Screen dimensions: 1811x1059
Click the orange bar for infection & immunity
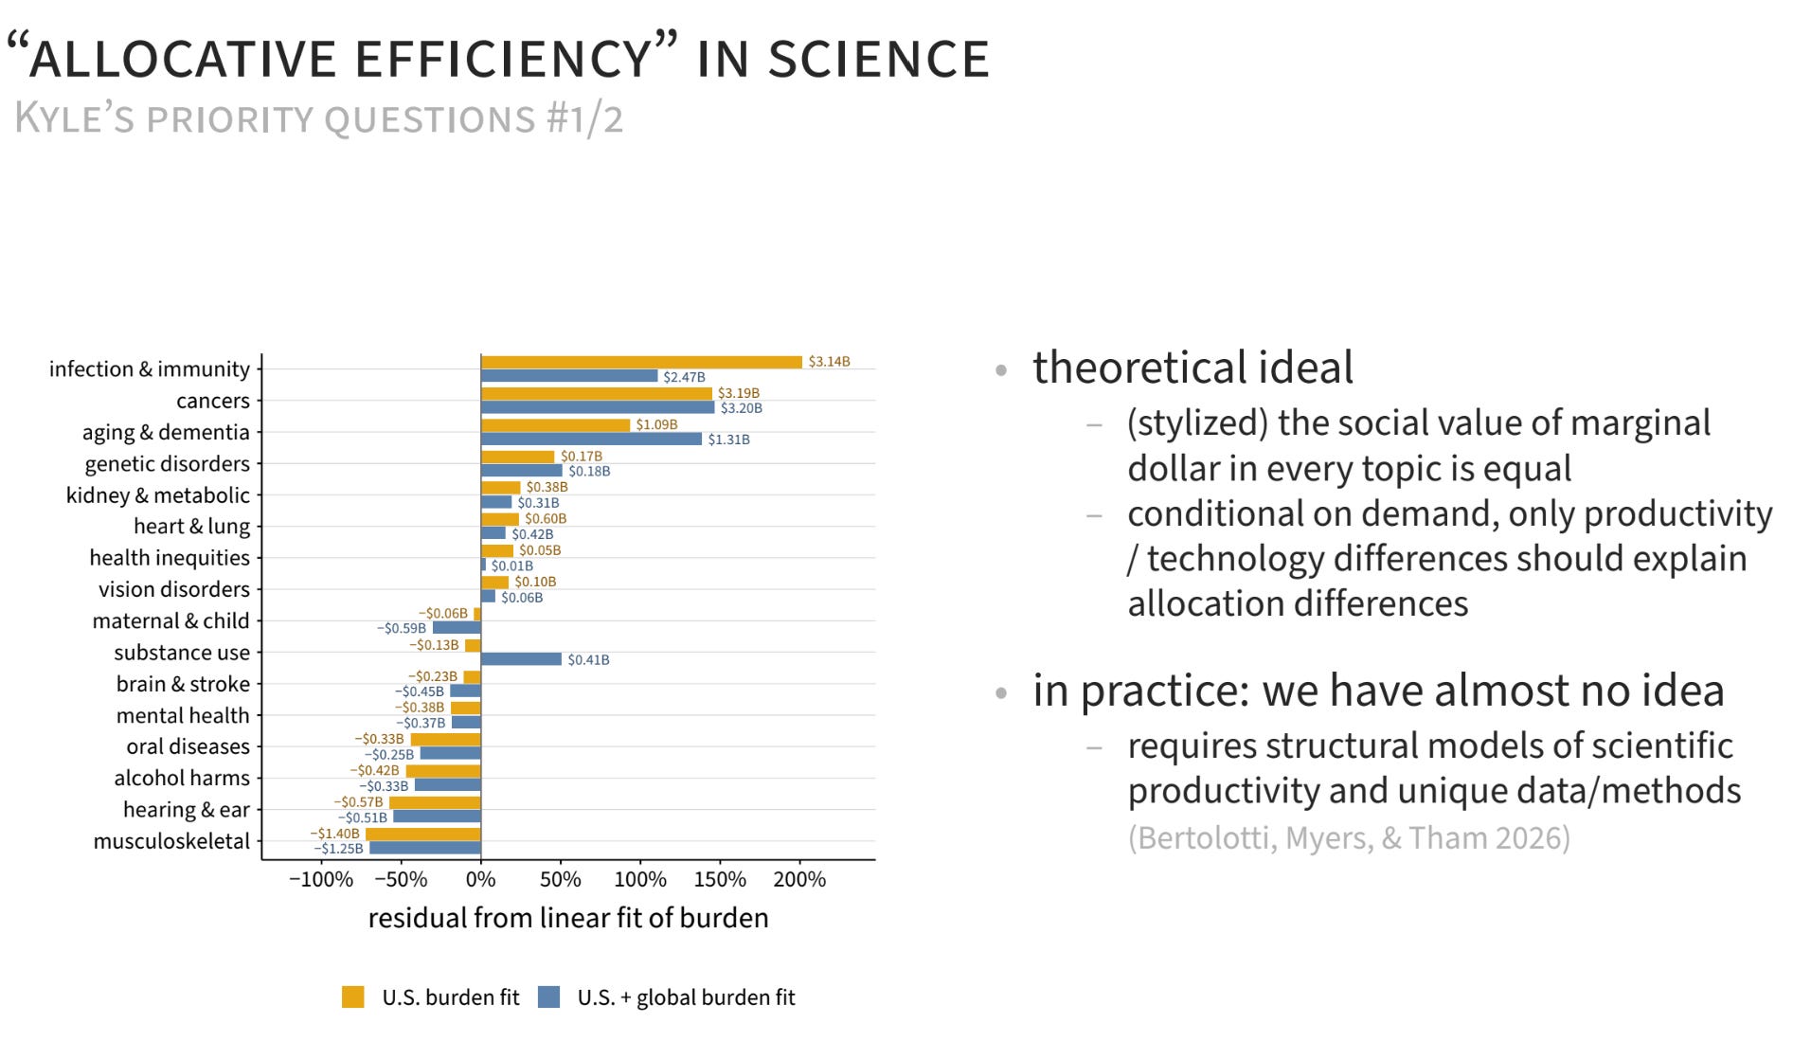(641, 362)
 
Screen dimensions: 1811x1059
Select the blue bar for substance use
(521, 659)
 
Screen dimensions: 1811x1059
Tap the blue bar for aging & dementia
(591, 439)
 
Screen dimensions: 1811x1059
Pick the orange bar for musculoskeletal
(423, 835)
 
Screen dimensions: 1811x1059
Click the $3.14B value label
(829, 362)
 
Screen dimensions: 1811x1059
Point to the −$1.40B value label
(334, 834)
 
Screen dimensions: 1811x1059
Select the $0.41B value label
(588, 660)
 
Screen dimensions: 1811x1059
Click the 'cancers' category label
(213, 401)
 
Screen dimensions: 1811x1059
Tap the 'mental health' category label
(183, 715)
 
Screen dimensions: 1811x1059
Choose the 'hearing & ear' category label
(187, 810)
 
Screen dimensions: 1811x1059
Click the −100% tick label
(321, 880)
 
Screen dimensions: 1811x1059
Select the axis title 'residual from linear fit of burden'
(568, 918)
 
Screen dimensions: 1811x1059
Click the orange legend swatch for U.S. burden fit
(353, 997)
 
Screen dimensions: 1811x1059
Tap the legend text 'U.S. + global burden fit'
(687, 997)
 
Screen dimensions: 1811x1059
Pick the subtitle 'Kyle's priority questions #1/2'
(319, 119)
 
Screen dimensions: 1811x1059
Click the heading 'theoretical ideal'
(1192, 368)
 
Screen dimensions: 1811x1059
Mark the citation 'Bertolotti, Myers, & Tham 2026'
(1349, 838)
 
